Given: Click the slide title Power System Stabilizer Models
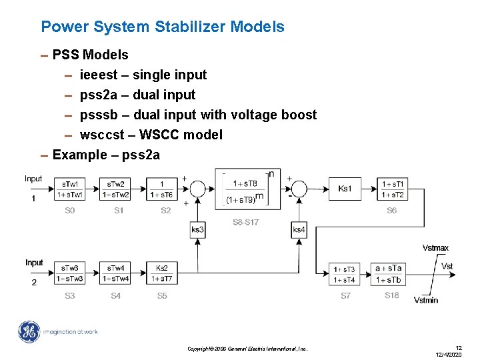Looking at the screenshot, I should coord(163,27).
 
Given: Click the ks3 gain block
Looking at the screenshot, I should coord(197,230).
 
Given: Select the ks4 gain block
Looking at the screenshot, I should coord(299,230).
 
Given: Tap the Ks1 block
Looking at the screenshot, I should coord(345,189).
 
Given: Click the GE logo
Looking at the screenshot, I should coord(29,332).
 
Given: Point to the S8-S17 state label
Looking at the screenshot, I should coord(245,222).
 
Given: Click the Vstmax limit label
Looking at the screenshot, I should coord(435,248).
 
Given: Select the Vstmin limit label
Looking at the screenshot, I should coord(426,300).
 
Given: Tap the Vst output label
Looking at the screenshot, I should coord(447,266).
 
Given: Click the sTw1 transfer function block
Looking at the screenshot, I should coord(69,189).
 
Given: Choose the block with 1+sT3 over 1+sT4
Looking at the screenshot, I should coord(344,273).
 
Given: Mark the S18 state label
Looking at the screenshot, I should coord(392,295).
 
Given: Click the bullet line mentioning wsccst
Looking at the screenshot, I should coord(151,135).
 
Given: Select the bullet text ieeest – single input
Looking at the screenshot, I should coord(143,75).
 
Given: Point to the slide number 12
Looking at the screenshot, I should coord(458,347).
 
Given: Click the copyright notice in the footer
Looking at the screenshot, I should coord(247,349).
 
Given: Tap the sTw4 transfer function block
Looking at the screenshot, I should coord(115,273).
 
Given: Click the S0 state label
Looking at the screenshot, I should coord(70,211).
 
